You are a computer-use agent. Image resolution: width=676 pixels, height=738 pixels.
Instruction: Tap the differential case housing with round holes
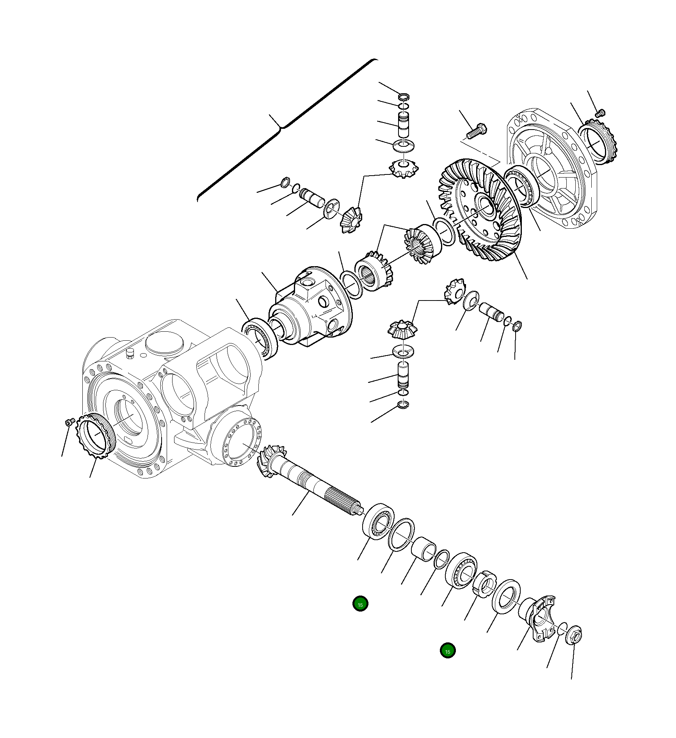tap(312, 308)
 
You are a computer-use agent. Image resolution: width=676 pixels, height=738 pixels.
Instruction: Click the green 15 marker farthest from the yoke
tap(360, 604)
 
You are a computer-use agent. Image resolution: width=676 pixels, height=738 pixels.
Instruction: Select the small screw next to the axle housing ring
tap(69, 422)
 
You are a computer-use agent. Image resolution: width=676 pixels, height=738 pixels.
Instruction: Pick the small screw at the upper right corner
tap(600, 113)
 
